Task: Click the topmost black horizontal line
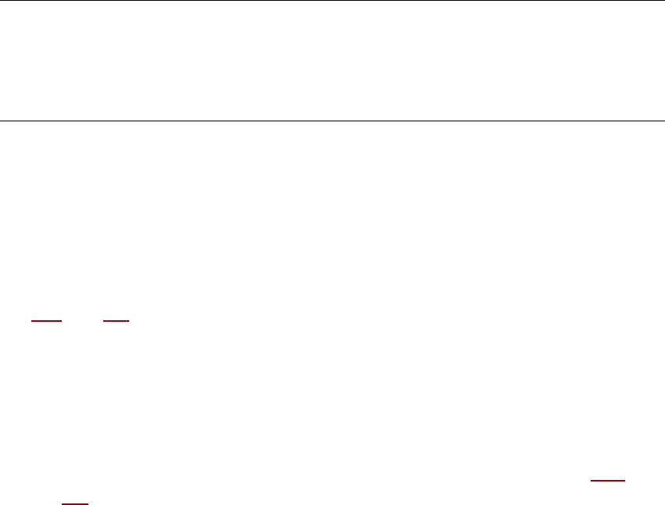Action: [332, 1]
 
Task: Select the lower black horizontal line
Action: [332, 121]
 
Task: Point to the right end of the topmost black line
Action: [663, 1]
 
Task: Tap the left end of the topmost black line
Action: [1, 1]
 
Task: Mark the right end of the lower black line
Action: [663, 121]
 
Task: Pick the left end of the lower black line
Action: [1, 121]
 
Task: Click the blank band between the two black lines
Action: [332, 61]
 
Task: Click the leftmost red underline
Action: [46, 321]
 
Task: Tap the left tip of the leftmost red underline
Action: [31, 321]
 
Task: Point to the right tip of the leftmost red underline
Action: [61, 321]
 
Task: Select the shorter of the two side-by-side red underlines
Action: [116, 321]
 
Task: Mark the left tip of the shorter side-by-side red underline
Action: [103, 321]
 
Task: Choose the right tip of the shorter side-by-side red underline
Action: [128, 321]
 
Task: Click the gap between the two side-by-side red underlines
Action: [82, 321]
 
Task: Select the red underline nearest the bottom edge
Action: [75, 503]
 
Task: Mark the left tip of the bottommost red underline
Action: [63, 503]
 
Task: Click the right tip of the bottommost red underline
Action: [88, 503]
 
